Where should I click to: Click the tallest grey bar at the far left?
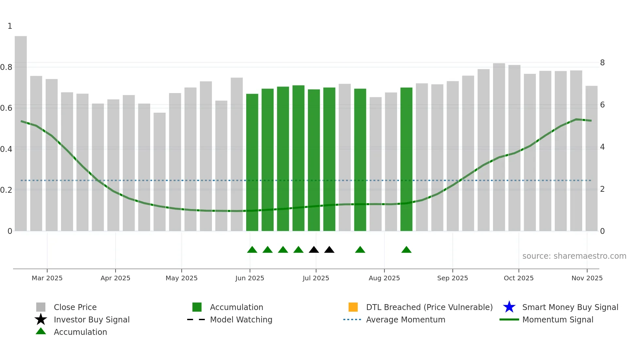click(x=21, y=134)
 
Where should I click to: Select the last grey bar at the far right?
click(x=591, y=158)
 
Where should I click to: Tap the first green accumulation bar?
click(x=252, y=162)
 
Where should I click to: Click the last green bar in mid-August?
click(x=406, y=159)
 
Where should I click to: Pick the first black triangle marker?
click(x=314, y=250)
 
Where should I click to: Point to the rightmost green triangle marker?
click(x=406, y=250)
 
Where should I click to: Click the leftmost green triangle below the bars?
click(x=252, y=250)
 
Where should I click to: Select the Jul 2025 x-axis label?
click(x=316, y=278)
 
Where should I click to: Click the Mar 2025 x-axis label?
click(x=47, y=278)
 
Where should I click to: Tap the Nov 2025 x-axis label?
click(x=587, y=278)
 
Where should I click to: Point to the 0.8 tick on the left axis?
click(x=7, y=67)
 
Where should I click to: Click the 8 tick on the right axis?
click(x=602, y=63)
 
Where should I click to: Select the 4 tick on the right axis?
click(x=602, y=147)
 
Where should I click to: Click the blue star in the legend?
click(x=509, y=307)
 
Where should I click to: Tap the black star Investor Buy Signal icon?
click(x=41, y=319)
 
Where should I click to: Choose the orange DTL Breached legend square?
click(x=353, y=307)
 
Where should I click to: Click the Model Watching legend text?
click(x=241, y=319)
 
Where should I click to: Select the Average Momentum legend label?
click(x=406, y=319)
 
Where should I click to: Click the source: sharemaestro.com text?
click(x=574, y=256)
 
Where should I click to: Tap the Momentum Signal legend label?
click(x=558, y=319)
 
